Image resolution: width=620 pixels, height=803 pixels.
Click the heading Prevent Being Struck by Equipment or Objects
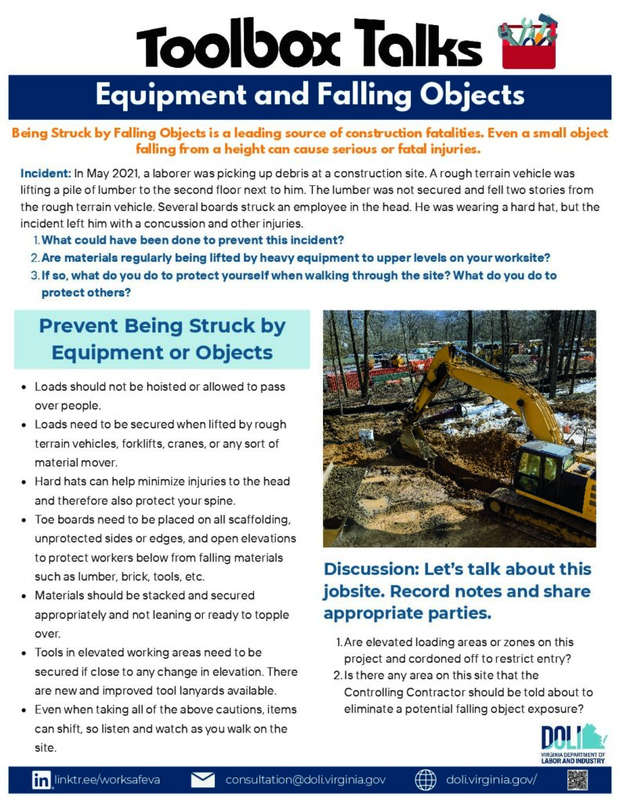[x=162, y=339]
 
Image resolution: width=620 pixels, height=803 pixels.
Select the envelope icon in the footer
[x=203, y=780]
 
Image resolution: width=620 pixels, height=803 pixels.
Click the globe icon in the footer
[x=425, y=780]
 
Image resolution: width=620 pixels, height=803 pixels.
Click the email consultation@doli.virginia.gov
[x=306, y=780]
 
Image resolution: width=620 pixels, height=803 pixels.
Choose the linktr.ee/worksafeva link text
[x=107, y=780]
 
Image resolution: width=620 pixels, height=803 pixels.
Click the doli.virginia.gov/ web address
[x=491, y=780]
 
